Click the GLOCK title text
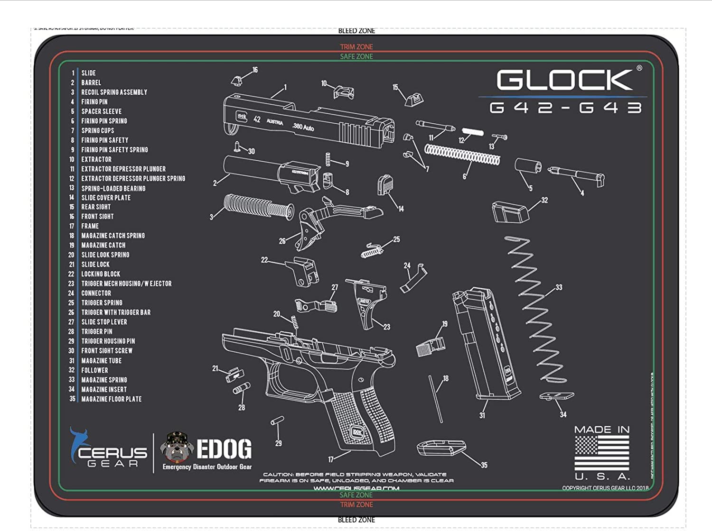pos(564,80)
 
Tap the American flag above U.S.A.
pos(602,452)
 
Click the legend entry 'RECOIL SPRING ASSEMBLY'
pos(114,92)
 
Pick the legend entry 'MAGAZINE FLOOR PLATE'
pos(111,399)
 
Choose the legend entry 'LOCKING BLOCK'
pos(101,274)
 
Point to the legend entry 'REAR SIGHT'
pos(96,207)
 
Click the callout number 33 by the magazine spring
pos(559,287)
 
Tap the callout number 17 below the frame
pos(331,459)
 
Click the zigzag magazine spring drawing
pos(534,308)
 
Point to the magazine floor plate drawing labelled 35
pos(441,447)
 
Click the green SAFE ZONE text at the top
pos(356,56)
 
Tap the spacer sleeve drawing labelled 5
pos(527,167)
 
